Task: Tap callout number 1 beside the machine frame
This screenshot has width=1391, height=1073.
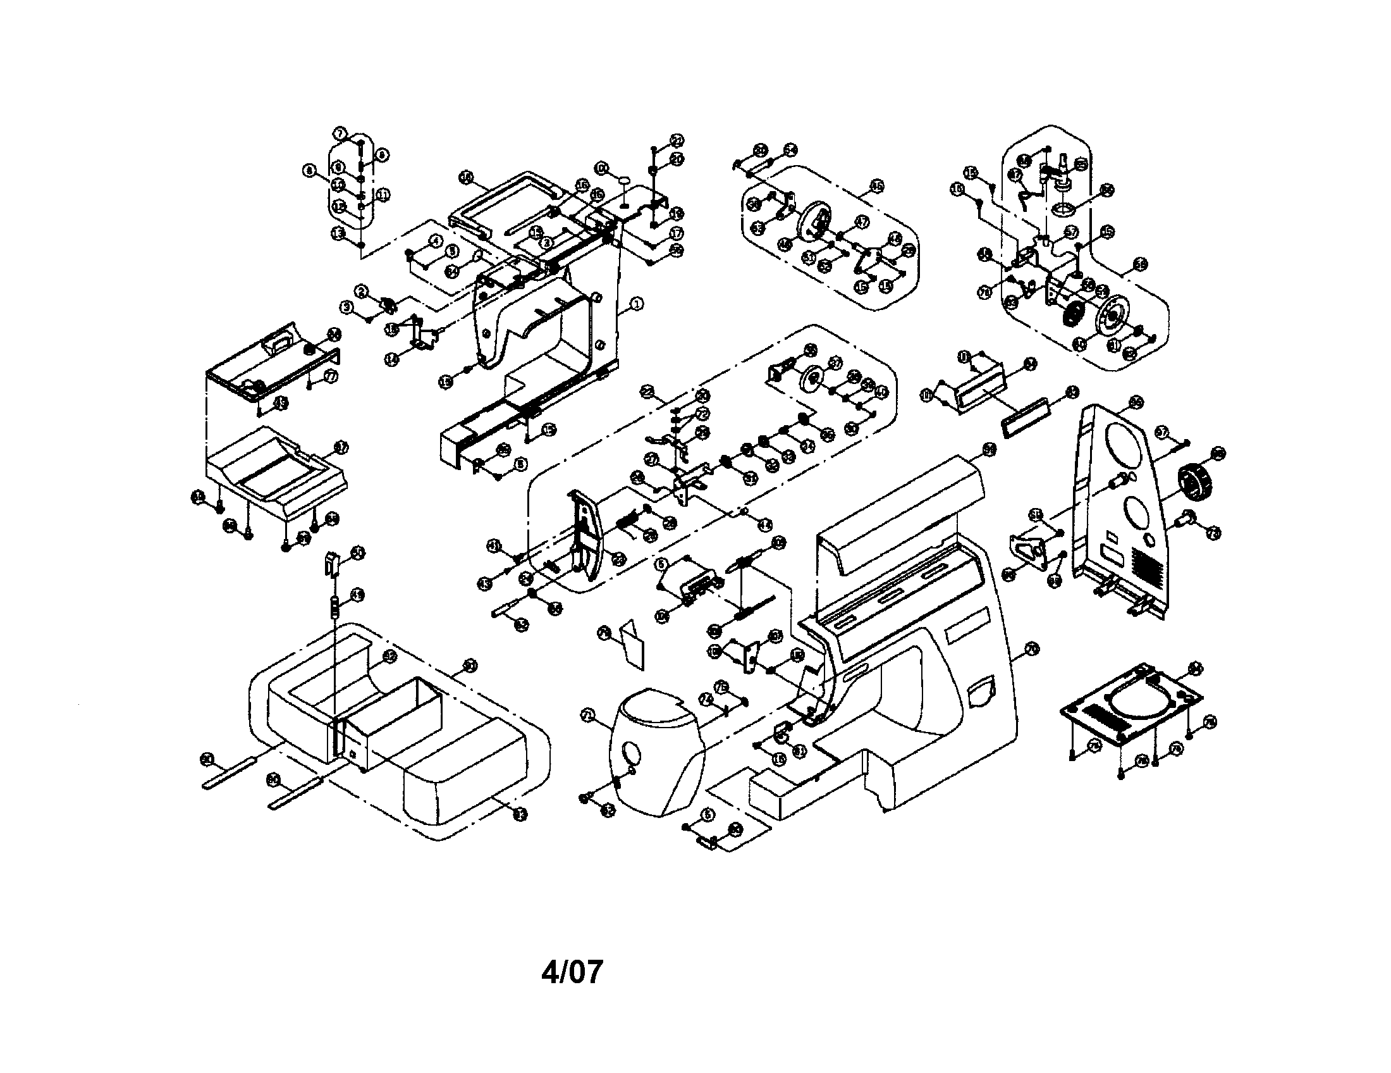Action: click(636, 304)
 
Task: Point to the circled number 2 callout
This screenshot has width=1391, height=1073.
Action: click(362, 292)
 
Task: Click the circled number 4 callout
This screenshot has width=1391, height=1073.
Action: click(436, 241)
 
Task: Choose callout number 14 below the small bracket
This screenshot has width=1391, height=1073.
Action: click(393, 359)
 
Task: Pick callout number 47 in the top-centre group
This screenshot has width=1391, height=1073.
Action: click(862, 221)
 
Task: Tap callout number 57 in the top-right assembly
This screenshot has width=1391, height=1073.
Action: click(1072, 233)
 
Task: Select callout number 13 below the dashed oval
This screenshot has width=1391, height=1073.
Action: click(338, 234)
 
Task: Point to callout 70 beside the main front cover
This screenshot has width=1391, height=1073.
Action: click(1033, 649)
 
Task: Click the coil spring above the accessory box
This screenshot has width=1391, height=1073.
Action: click(334, 607)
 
